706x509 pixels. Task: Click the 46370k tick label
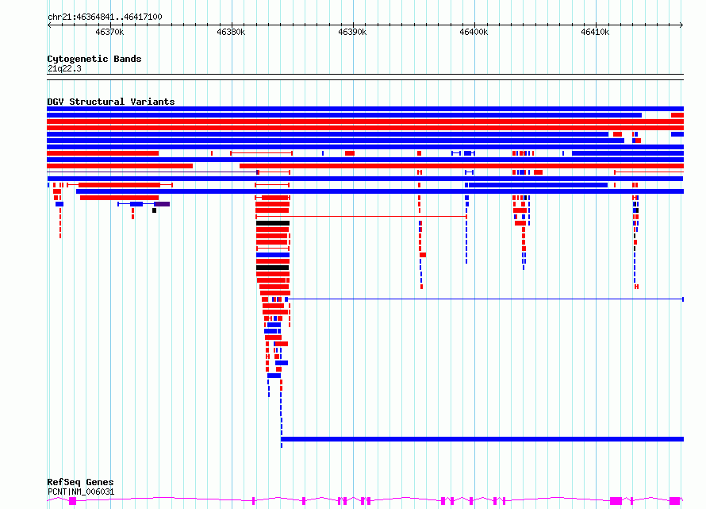109,32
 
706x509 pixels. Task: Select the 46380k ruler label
231,32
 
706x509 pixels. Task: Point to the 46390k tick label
352,32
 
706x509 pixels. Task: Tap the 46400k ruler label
474,32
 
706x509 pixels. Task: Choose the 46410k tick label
595,32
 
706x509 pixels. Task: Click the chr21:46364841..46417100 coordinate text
105,17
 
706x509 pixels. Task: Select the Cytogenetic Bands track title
94,59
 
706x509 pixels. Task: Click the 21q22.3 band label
64,68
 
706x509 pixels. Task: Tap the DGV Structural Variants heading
111,102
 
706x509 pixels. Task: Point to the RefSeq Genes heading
80,482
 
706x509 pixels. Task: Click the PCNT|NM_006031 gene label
81,492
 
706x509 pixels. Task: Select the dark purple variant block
162,204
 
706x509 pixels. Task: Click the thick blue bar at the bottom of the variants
482,439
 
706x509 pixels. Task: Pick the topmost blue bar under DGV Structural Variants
365,109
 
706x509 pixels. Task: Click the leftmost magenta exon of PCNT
72,501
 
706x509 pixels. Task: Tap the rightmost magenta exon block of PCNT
674,501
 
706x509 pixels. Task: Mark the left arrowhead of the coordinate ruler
48,25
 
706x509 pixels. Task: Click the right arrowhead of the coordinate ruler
681,25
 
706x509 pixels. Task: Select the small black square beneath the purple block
155,210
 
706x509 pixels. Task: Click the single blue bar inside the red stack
273,255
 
